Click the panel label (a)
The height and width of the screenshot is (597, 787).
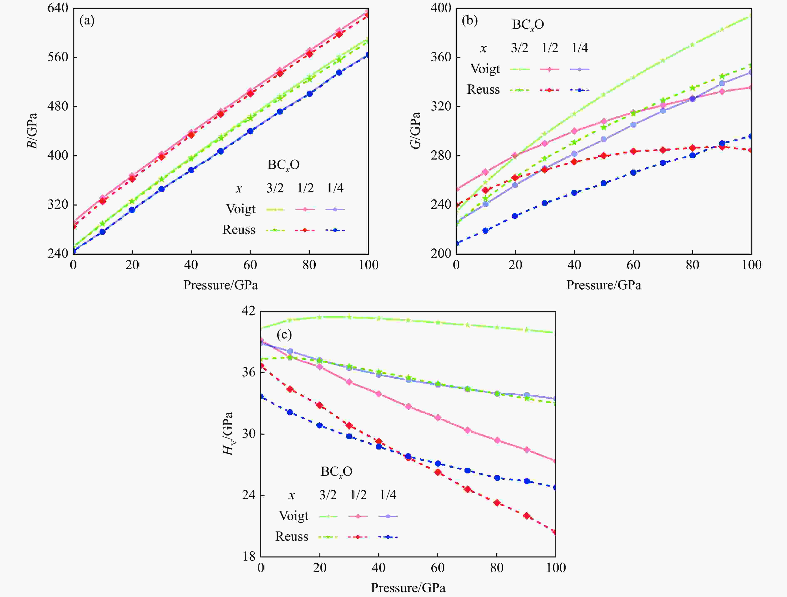87,21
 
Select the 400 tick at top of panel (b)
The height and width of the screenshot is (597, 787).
441,8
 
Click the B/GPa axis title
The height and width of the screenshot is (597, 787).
32,131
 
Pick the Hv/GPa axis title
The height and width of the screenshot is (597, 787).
228,434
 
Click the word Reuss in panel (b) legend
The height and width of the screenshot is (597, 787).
483,90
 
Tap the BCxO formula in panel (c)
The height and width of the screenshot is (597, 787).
336,472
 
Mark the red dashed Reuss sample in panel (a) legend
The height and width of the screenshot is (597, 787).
305,230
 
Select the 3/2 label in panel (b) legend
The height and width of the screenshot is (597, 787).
519,48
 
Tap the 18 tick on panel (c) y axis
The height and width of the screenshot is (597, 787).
249,556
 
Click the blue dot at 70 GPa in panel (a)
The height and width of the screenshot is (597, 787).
280,111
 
